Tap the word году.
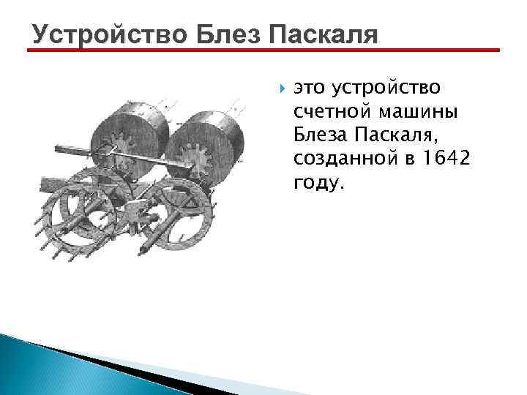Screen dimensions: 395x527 click(x=317, y=182)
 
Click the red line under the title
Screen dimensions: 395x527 click(x=263, y=51)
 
